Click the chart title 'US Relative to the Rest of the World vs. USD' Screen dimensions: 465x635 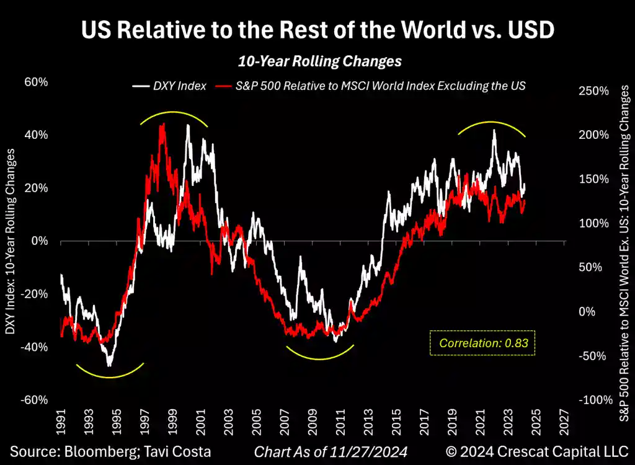[317, 30]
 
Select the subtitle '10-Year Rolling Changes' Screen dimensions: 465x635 [320, 61]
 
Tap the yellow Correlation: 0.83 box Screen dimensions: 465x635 [482, 342]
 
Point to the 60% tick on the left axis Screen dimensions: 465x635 [36, 82]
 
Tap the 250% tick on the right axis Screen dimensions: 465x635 [593, 91]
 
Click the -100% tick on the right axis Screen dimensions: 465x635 [595, 400]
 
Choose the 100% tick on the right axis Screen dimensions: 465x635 [593, 223]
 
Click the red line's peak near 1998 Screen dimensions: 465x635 [162, 125]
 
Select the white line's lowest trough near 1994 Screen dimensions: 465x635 [110, 365]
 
